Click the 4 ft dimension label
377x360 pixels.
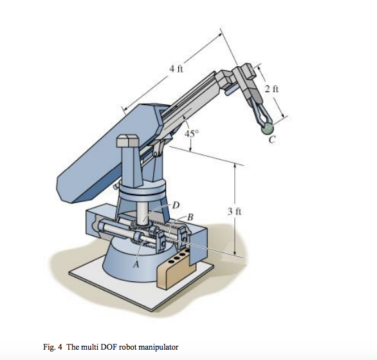click(176, 70)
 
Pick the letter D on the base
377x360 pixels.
click(175, 204)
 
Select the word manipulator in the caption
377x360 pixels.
click(158, 347)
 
